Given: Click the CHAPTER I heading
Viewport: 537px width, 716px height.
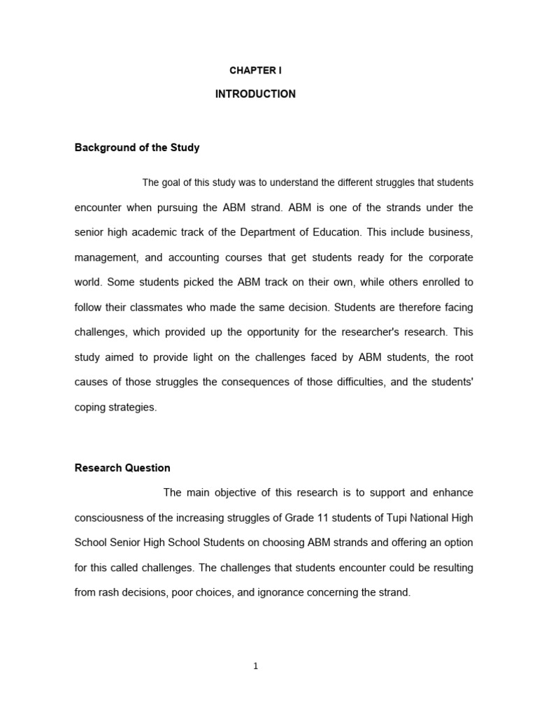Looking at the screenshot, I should point(255,71).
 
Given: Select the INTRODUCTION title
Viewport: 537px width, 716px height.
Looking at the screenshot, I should point(255,94).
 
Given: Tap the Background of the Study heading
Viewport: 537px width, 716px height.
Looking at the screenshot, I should point(137,148).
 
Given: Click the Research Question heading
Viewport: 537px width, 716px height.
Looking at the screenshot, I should point(122,468).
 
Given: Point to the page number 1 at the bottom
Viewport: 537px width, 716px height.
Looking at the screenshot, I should point(256,666).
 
